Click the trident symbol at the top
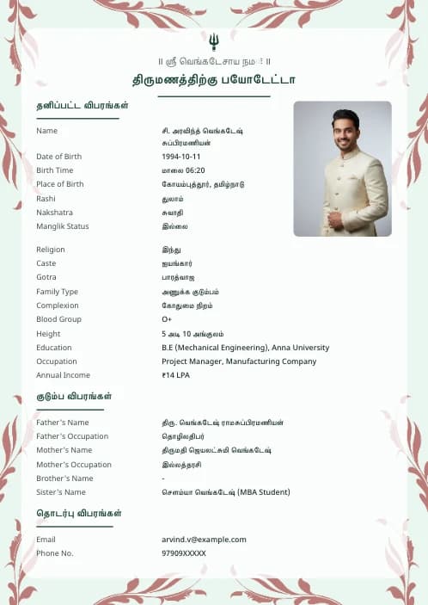pyautogui.click(x=213, y=40)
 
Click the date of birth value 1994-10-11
pyautogui.click(x=180, y=157)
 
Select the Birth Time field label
pyautogui.click(x=55, y=170)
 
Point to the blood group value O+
pyautogui.click(x=167, y=319)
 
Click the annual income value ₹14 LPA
pyautogui.click(x=177, y=375)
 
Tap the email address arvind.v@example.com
pyautogui.click(x=204, y=540)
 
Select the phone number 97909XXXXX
pyautogui.click(x=184, y=553)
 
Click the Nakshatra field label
pyautogui.click(x=54, y=213)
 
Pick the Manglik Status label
pyautogui.click(x=63, y=226)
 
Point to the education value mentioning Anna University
pyautogui.click(x=245, y=348)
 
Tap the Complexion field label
pyautogui.click(x=57, y=306)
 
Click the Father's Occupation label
pyautogui.click(x=72, y=436)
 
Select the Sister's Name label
pyautogui.click(x=61, y=492)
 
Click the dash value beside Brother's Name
pyautogui.click(x=163, y=478)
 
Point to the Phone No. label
pyautogui.click(x=55, y=553)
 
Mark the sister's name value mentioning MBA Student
pyautogui.click(x=225, y=492)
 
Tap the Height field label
pyautogui.click(x=48, y=334)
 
